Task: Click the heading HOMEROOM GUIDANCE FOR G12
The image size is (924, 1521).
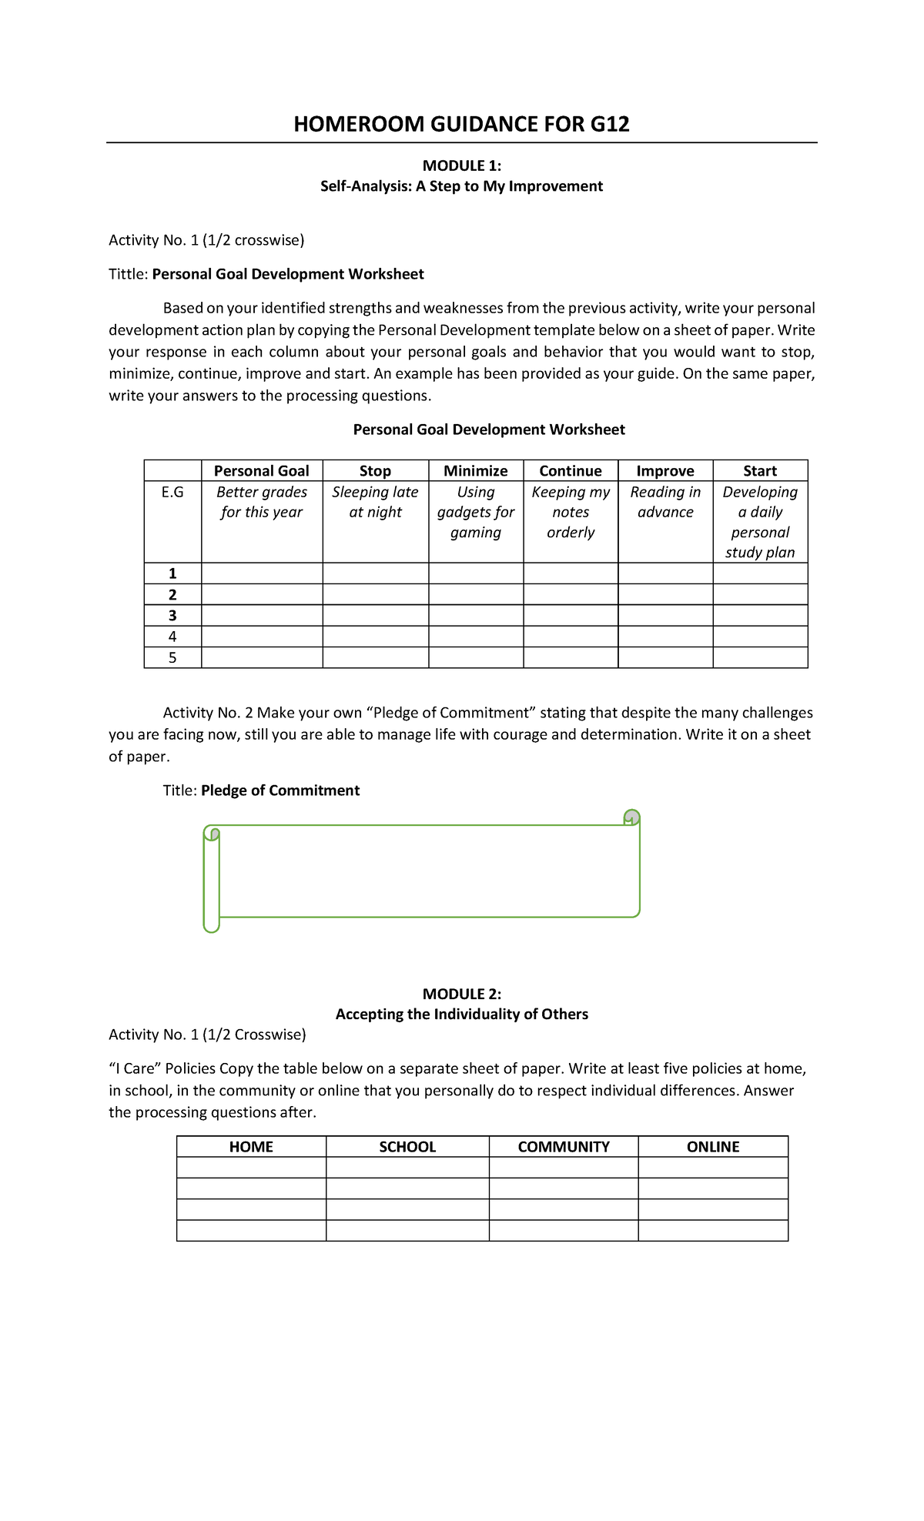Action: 461,124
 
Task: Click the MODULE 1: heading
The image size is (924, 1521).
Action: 461,165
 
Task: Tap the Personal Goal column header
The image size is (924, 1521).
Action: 261,470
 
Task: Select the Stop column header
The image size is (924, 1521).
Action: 375,470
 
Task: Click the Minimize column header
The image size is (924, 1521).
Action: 475,470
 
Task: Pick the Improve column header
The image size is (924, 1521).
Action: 665,470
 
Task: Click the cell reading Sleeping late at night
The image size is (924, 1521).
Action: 375,502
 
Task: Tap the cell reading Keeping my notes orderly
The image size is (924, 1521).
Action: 570,512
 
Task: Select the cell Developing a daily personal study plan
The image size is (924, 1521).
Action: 759,522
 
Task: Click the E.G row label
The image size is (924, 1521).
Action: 172,492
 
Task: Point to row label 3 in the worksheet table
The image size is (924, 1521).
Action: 172,615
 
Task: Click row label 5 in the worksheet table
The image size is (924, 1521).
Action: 172,657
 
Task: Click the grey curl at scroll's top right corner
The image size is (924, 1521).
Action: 631,817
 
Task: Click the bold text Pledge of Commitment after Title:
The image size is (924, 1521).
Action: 280,791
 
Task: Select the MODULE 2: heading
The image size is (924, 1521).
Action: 461,994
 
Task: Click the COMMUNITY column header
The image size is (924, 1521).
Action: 563,1147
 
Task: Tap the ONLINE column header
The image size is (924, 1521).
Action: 712,1147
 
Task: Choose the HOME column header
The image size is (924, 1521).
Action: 251,1147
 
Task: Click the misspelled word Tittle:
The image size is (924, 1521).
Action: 128,274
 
